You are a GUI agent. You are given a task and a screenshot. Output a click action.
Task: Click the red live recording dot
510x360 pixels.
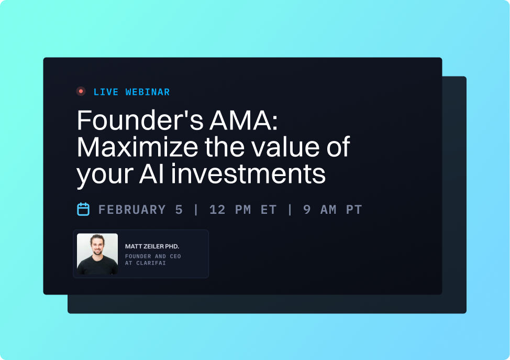(81, 91)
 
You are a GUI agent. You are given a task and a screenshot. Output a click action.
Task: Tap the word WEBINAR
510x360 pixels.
(148, 92)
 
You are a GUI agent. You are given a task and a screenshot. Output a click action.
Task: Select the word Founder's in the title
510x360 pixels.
(137, 121)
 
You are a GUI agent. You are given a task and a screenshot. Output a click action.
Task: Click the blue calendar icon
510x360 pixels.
(83, 209)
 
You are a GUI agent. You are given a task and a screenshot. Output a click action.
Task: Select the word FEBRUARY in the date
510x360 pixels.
(132, 210)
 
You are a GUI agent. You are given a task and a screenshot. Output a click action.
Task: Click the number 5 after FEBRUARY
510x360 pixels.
(179, 210)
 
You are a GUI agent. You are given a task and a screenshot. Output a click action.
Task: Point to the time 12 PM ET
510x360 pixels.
(242, 210)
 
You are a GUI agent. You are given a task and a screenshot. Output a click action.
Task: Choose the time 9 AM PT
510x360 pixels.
(332, 210)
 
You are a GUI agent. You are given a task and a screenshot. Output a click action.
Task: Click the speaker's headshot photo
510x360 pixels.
(97, 254)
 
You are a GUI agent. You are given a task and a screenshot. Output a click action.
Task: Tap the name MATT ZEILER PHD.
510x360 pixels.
(152, 246)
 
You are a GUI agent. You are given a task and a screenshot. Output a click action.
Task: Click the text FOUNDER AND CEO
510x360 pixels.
(152, 257)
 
